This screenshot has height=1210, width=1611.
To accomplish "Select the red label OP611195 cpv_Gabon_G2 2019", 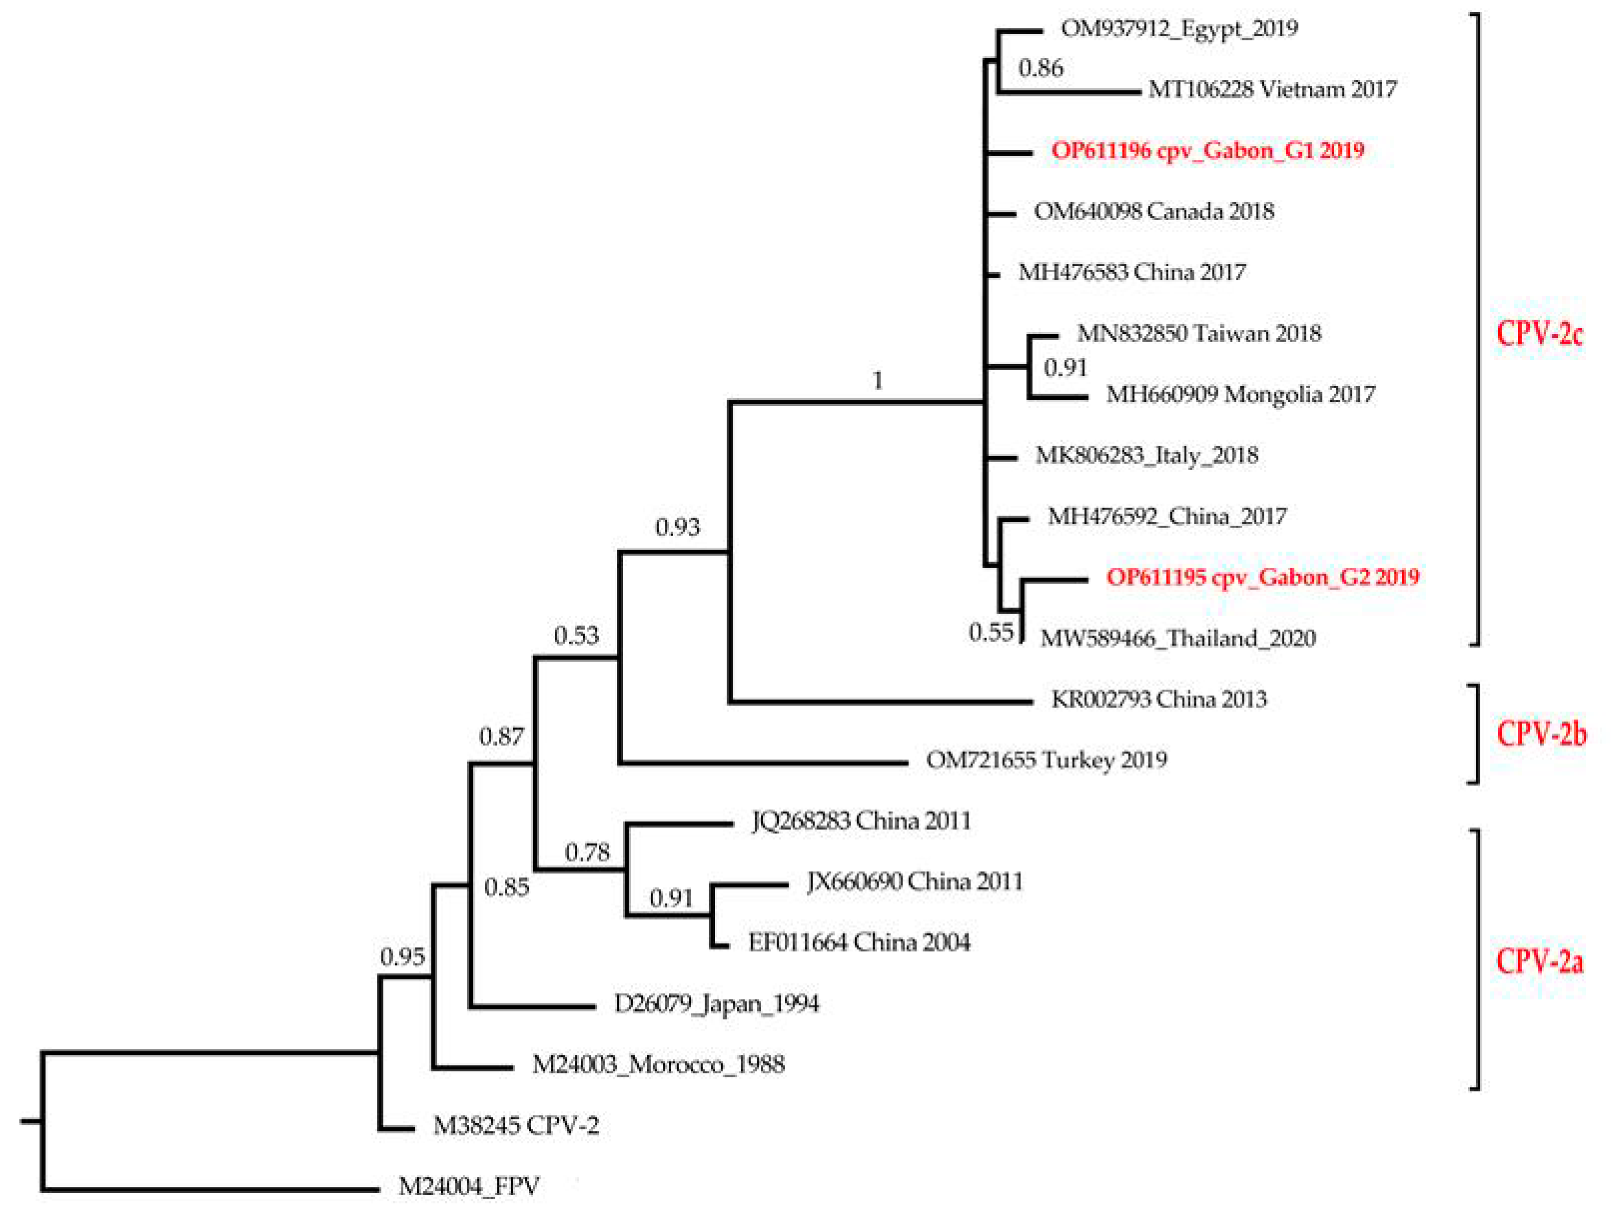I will pyautogui.click(x=1263, y=577).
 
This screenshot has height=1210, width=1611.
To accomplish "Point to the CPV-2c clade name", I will pyautogui.click(x=1540, y=333).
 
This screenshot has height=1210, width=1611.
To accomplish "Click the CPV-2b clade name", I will pyautogui.click(x=1541, y=734).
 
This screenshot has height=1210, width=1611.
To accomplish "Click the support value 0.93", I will pyautogui.click(x=677, y=526).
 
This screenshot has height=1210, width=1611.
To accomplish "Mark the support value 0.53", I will pyautogui.click(x=576, y=636).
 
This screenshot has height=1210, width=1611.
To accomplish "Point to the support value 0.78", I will pyautogui.click(x=587, y=852).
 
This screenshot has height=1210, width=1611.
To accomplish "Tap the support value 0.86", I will pyautogui.click(x=1041, y=68).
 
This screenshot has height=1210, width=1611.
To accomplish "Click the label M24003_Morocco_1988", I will pyautogui.click(x=658, y=1065).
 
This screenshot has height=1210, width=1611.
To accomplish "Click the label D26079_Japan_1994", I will pyautogui.click(x=716, y=1004).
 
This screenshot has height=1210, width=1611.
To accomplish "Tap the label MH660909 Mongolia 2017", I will pyautogui.click(x=1240, y=395).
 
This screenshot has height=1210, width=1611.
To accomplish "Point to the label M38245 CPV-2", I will pyautogui.click(x=516, y=1126).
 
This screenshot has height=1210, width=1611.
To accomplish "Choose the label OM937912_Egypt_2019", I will pyautogui.click(x=1179, y=29).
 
